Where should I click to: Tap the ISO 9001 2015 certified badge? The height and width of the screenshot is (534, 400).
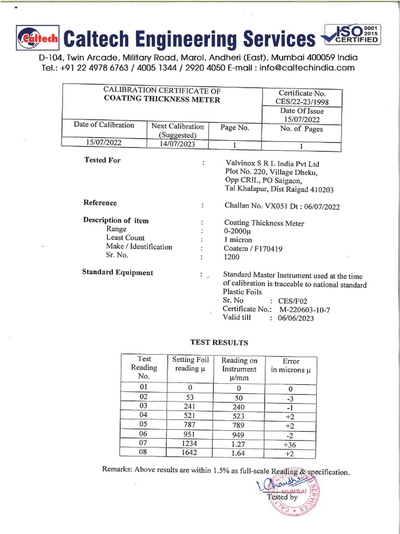pos(353,35)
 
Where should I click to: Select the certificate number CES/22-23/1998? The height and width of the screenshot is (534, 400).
pos(302,102)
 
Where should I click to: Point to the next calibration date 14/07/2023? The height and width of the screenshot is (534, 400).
pos(177,144)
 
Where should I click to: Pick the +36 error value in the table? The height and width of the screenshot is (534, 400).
pos(290,443)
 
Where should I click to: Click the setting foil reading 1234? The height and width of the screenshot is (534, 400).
pos(186,443)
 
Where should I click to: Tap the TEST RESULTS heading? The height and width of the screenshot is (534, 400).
pos(219,343)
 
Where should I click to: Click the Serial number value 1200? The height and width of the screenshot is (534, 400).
pos(231,257)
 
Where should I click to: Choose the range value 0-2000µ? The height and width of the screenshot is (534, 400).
pos(238,232)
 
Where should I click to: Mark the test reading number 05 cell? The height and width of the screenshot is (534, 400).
pos(144,424)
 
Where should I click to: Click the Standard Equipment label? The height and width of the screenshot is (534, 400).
pos(118,272)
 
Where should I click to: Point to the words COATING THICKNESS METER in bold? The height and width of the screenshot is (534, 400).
pos(161,100)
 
